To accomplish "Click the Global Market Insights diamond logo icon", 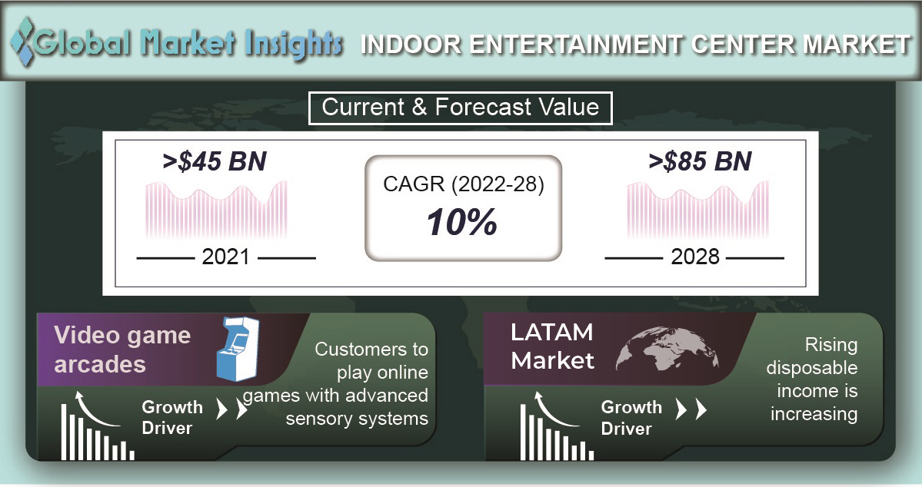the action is coord(22,41).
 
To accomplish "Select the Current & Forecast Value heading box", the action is coord(461,108).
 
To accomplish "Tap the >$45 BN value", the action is coord(215,161).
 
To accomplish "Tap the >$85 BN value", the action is coord(700,161).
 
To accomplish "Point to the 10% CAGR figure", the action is coord(462,224).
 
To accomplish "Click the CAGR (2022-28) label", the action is coord(464,184).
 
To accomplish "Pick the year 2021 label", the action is coord(225,257).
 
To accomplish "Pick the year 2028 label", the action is coord(695,257).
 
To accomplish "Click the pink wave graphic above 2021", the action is coord(216,210).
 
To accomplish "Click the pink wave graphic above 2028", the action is coord(698,210).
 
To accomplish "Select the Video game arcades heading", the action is coord(122,350).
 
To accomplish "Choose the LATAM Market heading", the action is coord(552,346).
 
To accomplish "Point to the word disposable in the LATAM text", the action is coord(811,369).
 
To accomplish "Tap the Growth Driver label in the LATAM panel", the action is coord(631,418).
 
